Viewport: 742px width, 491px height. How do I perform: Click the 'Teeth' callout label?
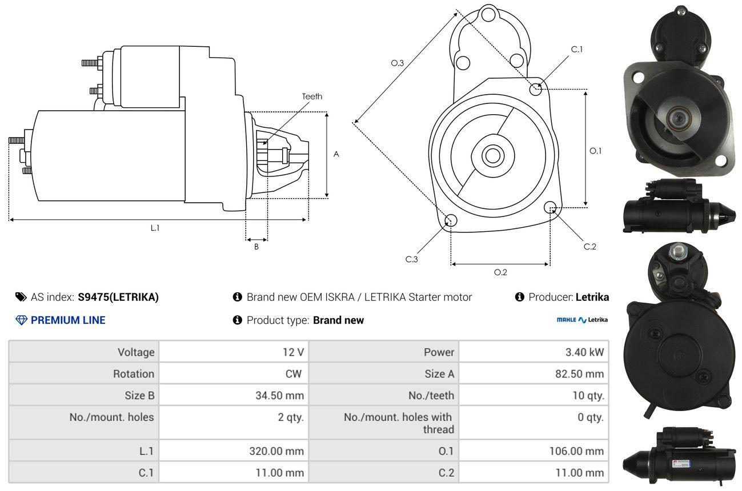(x=312, y=96)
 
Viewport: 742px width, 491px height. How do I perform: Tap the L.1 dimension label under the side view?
(x=155, y=228)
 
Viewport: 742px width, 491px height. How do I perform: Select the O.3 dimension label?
(x=397, y=63)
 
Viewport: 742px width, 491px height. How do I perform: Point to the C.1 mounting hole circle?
(x=535, y=89)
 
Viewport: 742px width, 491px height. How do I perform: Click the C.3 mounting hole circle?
(x=451, y=220)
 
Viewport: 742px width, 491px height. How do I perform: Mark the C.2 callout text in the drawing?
(x=589, y=247)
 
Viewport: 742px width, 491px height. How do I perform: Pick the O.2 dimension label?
(x=500, y=272)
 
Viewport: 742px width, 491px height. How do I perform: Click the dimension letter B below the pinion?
(x=256, y=247)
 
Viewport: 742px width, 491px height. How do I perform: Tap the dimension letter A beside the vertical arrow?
(x=336, y=154)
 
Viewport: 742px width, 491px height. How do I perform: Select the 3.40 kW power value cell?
(x=585, y=352)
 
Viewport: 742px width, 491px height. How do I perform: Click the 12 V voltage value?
(x=293, y=352)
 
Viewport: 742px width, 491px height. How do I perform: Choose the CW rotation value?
(x=294, y=374)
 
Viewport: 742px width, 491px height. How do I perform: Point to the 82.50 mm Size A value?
(x=579, y=374)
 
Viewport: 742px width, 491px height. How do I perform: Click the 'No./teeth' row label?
(x=431, y=395)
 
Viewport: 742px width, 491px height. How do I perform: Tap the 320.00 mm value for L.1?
(x=276, y=451)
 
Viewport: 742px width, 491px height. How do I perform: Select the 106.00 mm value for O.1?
(x=576, y=451)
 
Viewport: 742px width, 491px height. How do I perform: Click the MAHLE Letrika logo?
(x=582, y=320)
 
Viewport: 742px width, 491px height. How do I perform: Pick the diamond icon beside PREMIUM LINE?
(x=22, y=320)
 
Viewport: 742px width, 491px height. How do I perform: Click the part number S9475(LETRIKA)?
(x=118, y=297)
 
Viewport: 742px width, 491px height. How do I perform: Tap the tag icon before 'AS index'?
(x=21, y=297)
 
